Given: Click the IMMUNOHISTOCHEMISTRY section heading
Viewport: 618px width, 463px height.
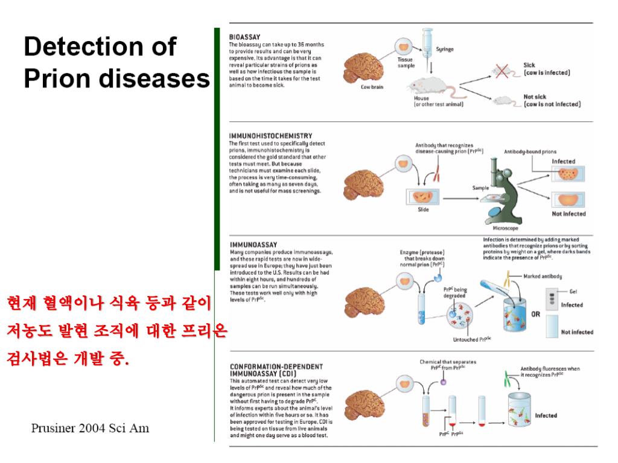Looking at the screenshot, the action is point(270,136).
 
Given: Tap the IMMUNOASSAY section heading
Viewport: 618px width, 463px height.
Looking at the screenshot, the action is point(250,244).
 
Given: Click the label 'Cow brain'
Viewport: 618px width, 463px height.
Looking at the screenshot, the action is point(372,86).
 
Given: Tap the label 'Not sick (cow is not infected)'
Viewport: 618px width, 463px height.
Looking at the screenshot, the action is point(552,100).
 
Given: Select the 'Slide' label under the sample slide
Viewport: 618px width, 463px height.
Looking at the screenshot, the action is point(423,209).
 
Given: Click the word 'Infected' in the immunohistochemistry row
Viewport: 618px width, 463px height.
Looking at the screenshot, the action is point(564,162).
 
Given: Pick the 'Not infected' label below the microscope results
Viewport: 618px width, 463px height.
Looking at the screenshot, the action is point(569,213).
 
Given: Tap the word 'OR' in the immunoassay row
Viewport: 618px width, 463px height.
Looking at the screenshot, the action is point(535,314).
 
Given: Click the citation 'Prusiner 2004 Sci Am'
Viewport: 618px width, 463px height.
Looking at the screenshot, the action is point(91,429).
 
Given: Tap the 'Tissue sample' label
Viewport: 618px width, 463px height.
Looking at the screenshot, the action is point(405,63).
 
